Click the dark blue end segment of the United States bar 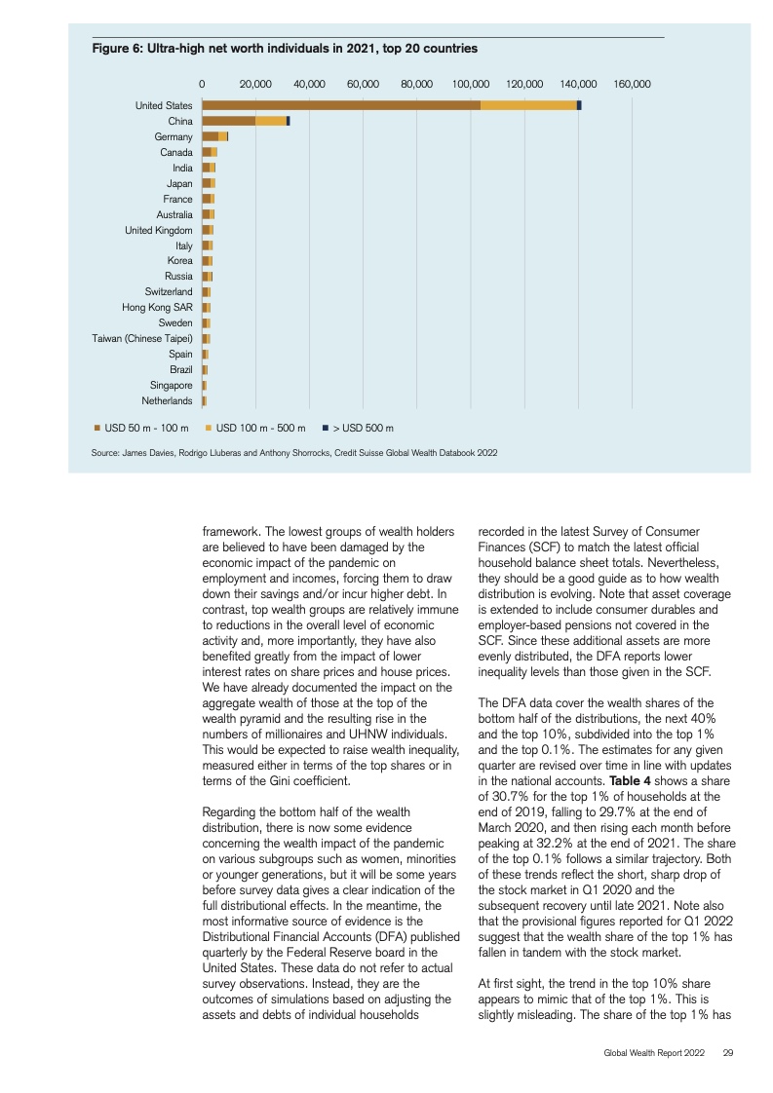tap(579, 105)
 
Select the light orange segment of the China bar tap(271, 122)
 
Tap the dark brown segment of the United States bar tap(341, 105)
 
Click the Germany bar tap(214, 136)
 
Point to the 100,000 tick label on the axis tap(470, 84)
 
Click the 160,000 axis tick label tap(632, 84)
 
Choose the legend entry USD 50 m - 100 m tap(141, 428)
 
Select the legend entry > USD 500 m tap(358, 428)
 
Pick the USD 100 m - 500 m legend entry tap(255, 428)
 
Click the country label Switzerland tap(168, 291)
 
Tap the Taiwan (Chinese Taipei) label tap(142, 339)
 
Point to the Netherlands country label tap(167, 400)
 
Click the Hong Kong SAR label tap(157, 308)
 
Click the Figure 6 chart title tap(285, 48)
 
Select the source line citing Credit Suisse tap(294, 453)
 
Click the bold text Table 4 tap(630, 780)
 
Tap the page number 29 tap(727, 1052)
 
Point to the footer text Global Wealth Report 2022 tap(654, 1052)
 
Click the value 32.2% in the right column tap(556, 844)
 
